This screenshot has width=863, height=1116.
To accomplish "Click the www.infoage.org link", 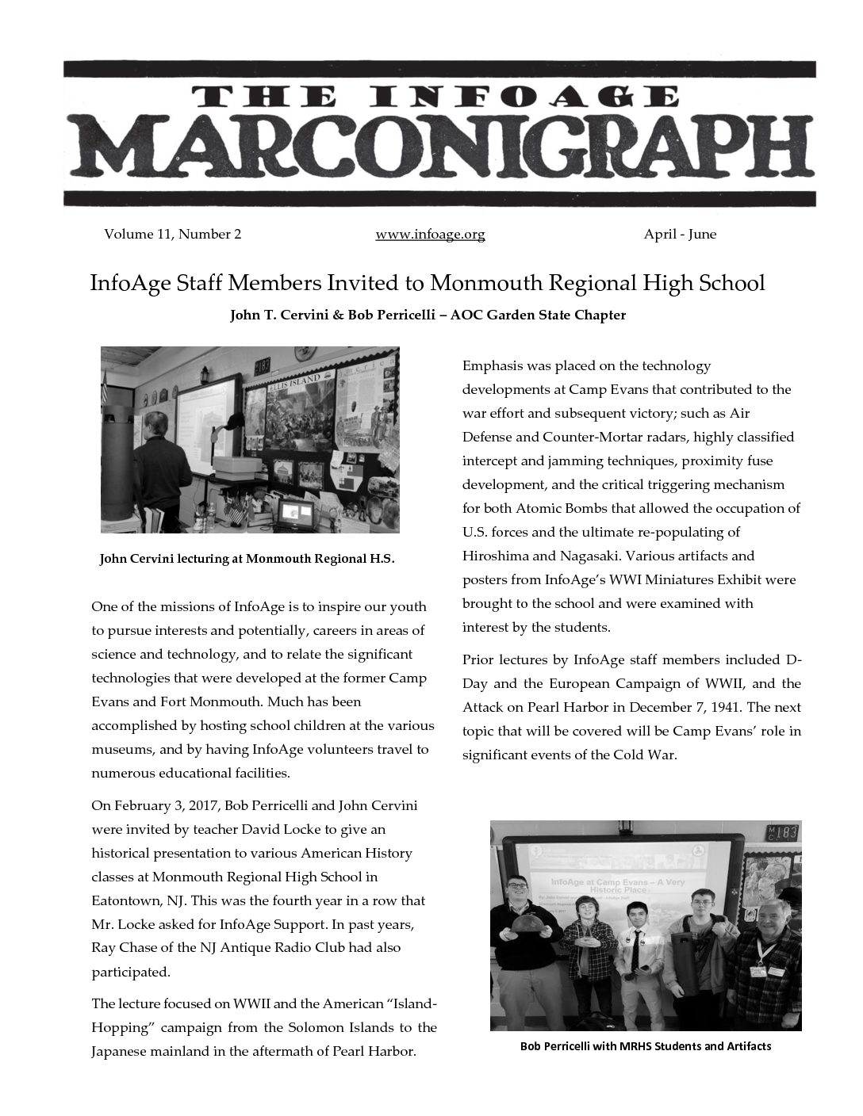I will coord(430,235).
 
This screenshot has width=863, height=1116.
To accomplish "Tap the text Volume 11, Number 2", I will coord(172,235).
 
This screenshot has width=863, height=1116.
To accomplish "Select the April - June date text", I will coord(680,235).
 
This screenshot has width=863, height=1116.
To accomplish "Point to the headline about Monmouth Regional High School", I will coord(428,283).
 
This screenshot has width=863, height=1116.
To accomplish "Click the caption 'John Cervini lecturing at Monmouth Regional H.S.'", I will coord(247,559).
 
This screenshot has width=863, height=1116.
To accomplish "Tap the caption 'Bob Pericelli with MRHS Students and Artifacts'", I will coord(646,1046).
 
